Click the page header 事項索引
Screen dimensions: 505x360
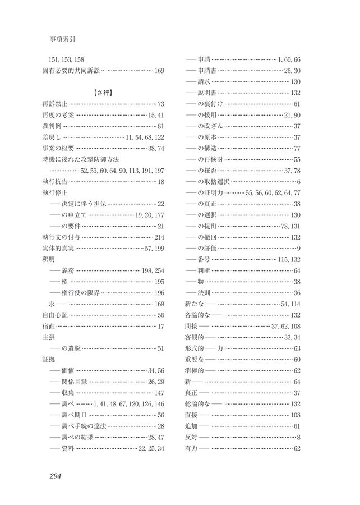click(63, 40)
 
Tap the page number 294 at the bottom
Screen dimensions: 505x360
click(55, 476)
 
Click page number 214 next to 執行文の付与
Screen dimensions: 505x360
click(159, 237)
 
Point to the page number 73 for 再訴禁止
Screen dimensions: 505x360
click(161, 104)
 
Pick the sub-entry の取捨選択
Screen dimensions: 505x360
click(213, 181)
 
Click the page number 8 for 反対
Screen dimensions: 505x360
click(299, 437)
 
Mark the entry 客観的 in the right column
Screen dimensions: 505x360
click(194, 337)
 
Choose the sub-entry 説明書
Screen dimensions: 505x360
click(207, 93)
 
